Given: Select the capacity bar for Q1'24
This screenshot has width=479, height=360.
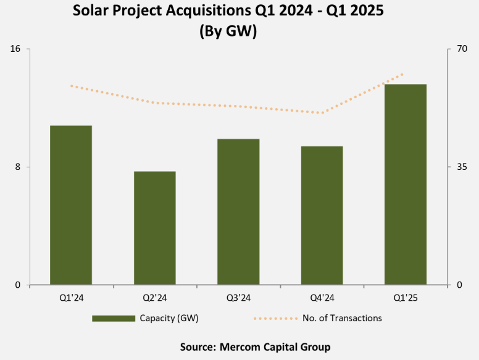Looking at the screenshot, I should coord(71,205).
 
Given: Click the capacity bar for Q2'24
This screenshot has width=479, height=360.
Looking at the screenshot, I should coord(155,228).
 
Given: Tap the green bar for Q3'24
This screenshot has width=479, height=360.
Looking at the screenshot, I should coord(238,212).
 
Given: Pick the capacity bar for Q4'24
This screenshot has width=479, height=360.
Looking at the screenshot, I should coord(322,216).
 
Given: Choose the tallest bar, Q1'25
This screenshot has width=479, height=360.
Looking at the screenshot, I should coord(406,184).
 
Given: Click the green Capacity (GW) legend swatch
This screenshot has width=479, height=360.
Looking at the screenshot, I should coord(114,319).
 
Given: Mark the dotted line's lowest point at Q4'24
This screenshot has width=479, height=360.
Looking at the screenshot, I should coord(322,113).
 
